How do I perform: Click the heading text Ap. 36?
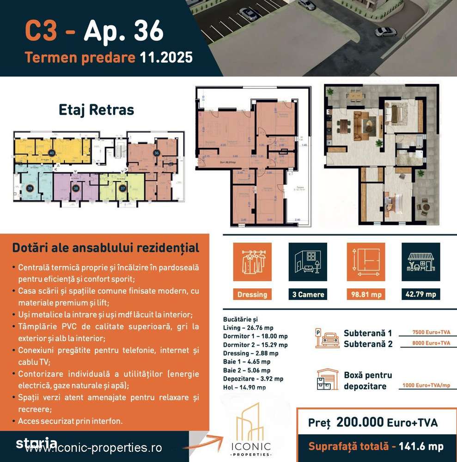click(x=123, y=31)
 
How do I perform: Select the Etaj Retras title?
click(x=97, y=110)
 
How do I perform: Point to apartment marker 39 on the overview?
click(x=29, y=188)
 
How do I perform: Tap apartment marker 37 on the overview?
click(x=122, y=188)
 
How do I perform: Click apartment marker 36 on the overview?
click(x=157, y=153)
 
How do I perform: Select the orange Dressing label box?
click(x=252, y=295)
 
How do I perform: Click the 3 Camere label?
click(x=308, y=295)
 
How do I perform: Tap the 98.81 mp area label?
click(x=366, y=294)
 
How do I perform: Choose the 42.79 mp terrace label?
click(x=420, y=294)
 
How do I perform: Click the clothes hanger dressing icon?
click(x=252, y=262)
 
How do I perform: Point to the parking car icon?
click(x=328, y=338)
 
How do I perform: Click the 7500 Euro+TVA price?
click(x=425, y=332)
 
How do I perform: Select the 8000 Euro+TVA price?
click(x=425, y=343)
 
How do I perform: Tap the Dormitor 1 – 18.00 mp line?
click(x=255, y=336)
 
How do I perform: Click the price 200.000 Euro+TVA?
click(x=386, y=422)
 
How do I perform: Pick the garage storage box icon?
click(x=327, y=380)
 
